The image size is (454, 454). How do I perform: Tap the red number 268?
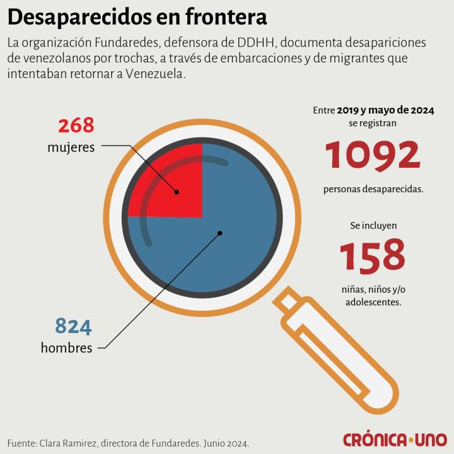click(76, 125)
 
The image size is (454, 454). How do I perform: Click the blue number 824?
click(73, 326)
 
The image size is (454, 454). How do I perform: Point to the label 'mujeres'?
click(71, 148)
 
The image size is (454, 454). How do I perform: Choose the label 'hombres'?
click(66, 347)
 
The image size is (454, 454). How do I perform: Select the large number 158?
click(373, 255)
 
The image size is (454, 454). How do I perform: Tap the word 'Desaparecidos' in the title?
click(80, 17)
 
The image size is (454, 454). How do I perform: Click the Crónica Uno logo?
click(395, 439)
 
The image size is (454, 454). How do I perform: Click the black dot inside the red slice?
click(177, 192)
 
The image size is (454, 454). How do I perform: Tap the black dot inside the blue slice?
click(220, 233)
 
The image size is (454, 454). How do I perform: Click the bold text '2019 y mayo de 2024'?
click(385, 110)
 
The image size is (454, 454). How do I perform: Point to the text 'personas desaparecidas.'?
click(373, 189)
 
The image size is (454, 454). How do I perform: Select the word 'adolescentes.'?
click(373, 302)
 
